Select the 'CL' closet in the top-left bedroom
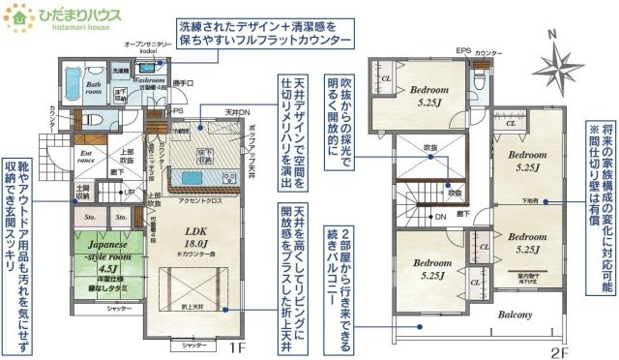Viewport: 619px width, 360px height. click(x=385, y=78)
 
